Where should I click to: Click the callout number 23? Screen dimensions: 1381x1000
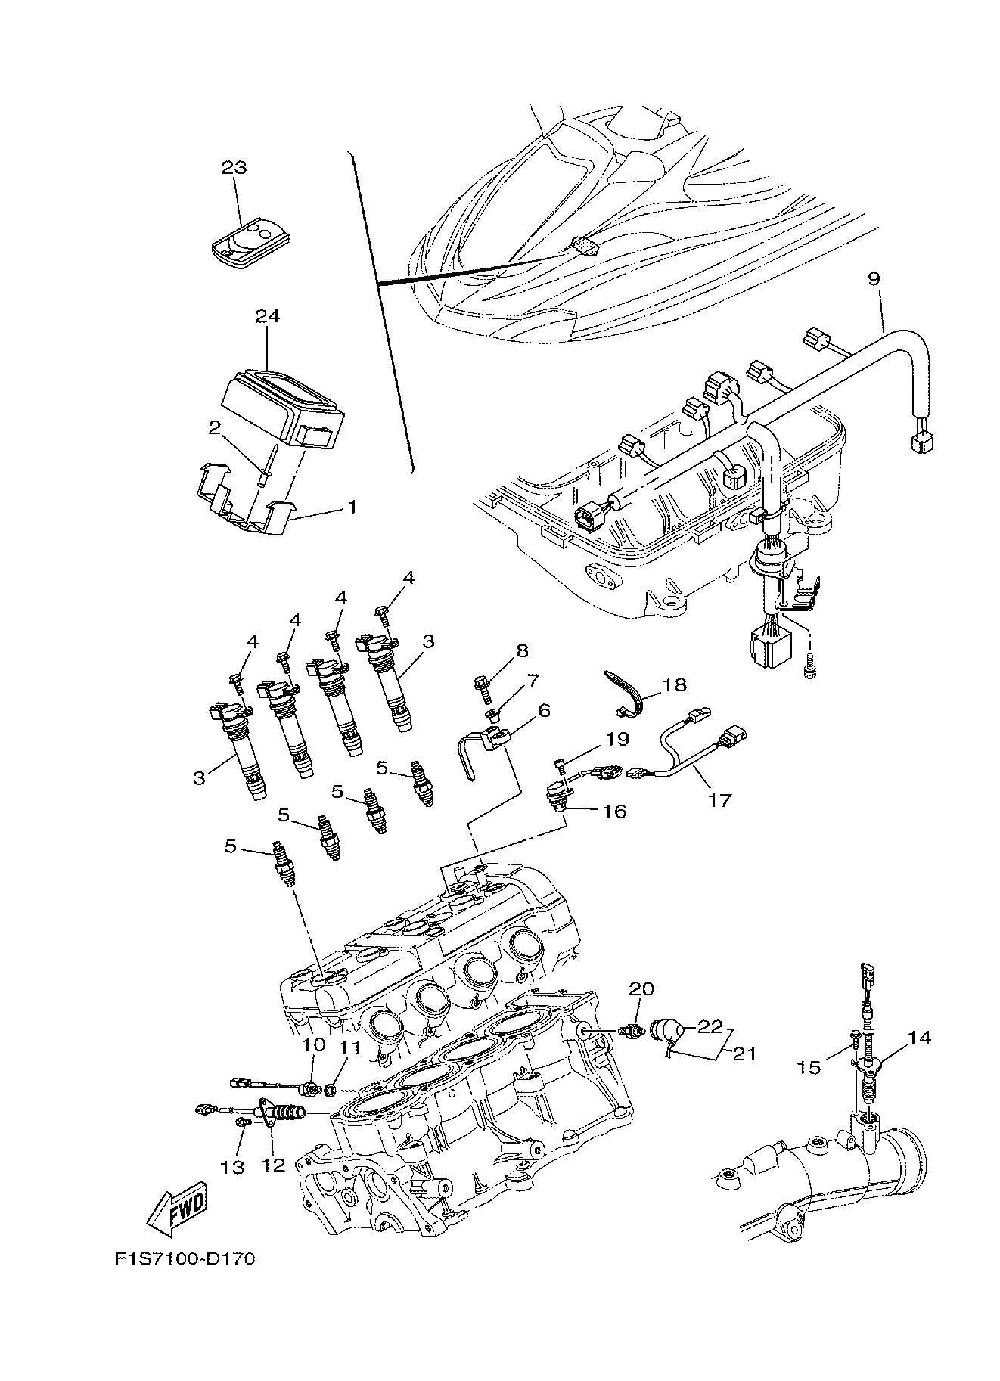pyautogui.click(x=234, y=167)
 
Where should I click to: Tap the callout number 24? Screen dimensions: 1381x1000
pyautogui.click(x=266, y=315)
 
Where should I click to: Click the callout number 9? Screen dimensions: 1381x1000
pyautogui.click(x=874, y=279)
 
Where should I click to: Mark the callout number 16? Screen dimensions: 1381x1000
pyautogui.click(x=613, y=812)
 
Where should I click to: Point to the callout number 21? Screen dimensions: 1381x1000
pyautogui.click(x=744, y=1052)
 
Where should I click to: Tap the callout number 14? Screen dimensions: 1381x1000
pyautogui.click(x=918, y=1038)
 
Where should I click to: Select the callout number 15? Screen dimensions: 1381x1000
pyautogui.click(x=809, y=1066)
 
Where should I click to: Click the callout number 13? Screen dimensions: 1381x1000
pyautogui.click(x=233, y=1167)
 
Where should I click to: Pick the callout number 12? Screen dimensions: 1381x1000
pyautogui.click(x=273, y=1165)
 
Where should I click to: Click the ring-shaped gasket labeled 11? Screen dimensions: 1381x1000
pyautogui.click(x=331, y=1091)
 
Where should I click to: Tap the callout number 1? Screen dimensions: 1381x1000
pyautogui.click(x=352, y=506)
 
